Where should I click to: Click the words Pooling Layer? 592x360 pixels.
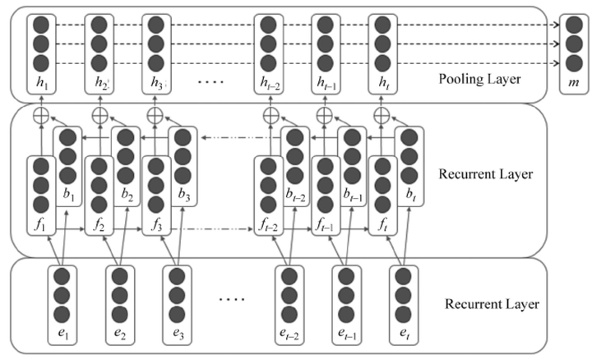click(x=479, y=79)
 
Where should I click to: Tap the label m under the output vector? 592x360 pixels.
click(x=574, y=82)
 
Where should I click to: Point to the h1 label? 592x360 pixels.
click(x=42, y=83)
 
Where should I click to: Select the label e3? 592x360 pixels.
click(x=178, y=333)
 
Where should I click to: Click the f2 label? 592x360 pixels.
click(x=99, y=225)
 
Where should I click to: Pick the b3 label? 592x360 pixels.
click(x=184, y=194)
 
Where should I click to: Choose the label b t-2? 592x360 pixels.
click(x=295, y=194)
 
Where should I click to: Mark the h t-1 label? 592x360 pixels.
click(x=326, y=83)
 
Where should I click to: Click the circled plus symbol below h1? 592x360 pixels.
click(x=42, y=115)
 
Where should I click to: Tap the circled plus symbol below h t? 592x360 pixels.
click(x=382, y=115)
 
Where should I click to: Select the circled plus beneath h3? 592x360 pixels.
click(x=155, y=115)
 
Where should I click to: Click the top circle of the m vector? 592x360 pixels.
click(x=574, y=25)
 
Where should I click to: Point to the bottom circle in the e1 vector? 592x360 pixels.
click(x=62, y=314)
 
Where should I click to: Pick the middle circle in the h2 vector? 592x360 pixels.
click(x=99, y=44)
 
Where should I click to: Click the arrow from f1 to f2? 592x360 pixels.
click(x=71, y=228)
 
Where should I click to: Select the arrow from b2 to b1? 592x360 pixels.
click(x=97, y=137)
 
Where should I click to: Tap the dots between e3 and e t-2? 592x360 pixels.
click(x=232, y=299)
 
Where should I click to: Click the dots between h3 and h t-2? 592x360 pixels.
click(x=211, y=81)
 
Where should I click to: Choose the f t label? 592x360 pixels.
click(x=383, y=225)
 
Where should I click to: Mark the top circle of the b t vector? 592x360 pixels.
click(x=409, y=137)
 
